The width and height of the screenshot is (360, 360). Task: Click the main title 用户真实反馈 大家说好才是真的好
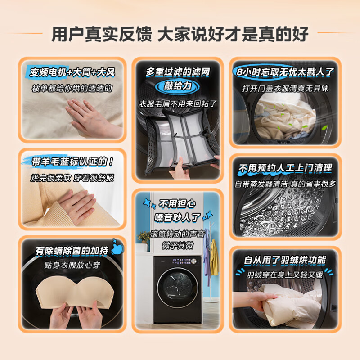tap(180, 34)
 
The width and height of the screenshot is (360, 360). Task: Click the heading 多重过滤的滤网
tap(178, 72)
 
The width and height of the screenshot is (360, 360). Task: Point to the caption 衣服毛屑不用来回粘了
tap(178, 103)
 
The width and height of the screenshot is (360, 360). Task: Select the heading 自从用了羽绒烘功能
tap(285, 260)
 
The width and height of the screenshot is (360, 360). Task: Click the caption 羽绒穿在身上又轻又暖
tap(285, 274)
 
